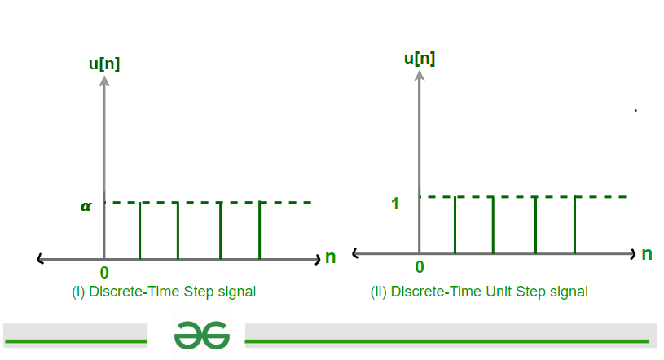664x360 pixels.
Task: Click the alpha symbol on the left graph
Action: tap(86, 206)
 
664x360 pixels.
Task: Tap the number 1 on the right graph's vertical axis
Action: tap(395, 204)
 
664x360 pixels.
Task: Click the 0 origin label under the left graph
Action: tap(104, 273)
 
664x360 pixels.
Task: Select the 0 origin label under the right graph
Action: tap(420, 267)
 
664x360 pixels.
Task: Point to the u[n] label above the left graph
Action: tap(104, 64)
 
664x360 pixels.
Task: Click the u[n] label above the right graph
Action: tap(420, 59)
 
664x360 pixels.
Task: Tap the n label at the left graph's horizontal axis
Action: tap(330, 257)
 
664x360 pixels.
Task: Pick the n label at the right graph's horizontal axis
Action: tap(647, 254)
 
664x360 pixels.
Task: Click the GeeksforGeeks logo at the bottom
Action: tap(202, 335)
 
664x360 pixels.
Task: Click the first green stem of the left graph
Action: tap(140, 230)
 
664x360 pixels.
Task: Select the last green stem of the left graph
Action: tap(260, 230)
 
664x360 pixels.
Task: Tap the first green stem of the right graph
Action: tap(455, 226)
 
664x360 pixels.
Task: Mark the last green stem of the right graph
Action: tap(574, 226)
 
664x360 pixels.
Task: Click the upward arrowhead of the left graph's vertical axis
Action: tap(104, 81)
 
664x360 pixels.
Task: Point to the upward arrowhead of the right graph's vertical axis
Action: tap(420, 75)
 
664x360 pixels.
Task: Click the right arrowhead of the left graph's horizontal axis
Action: tap(318, 260)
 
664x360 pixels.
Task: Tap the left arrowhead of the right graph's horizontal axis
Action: tap(356, 253)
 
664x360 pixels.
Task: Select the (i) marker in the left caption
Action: tap(78, 292)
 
